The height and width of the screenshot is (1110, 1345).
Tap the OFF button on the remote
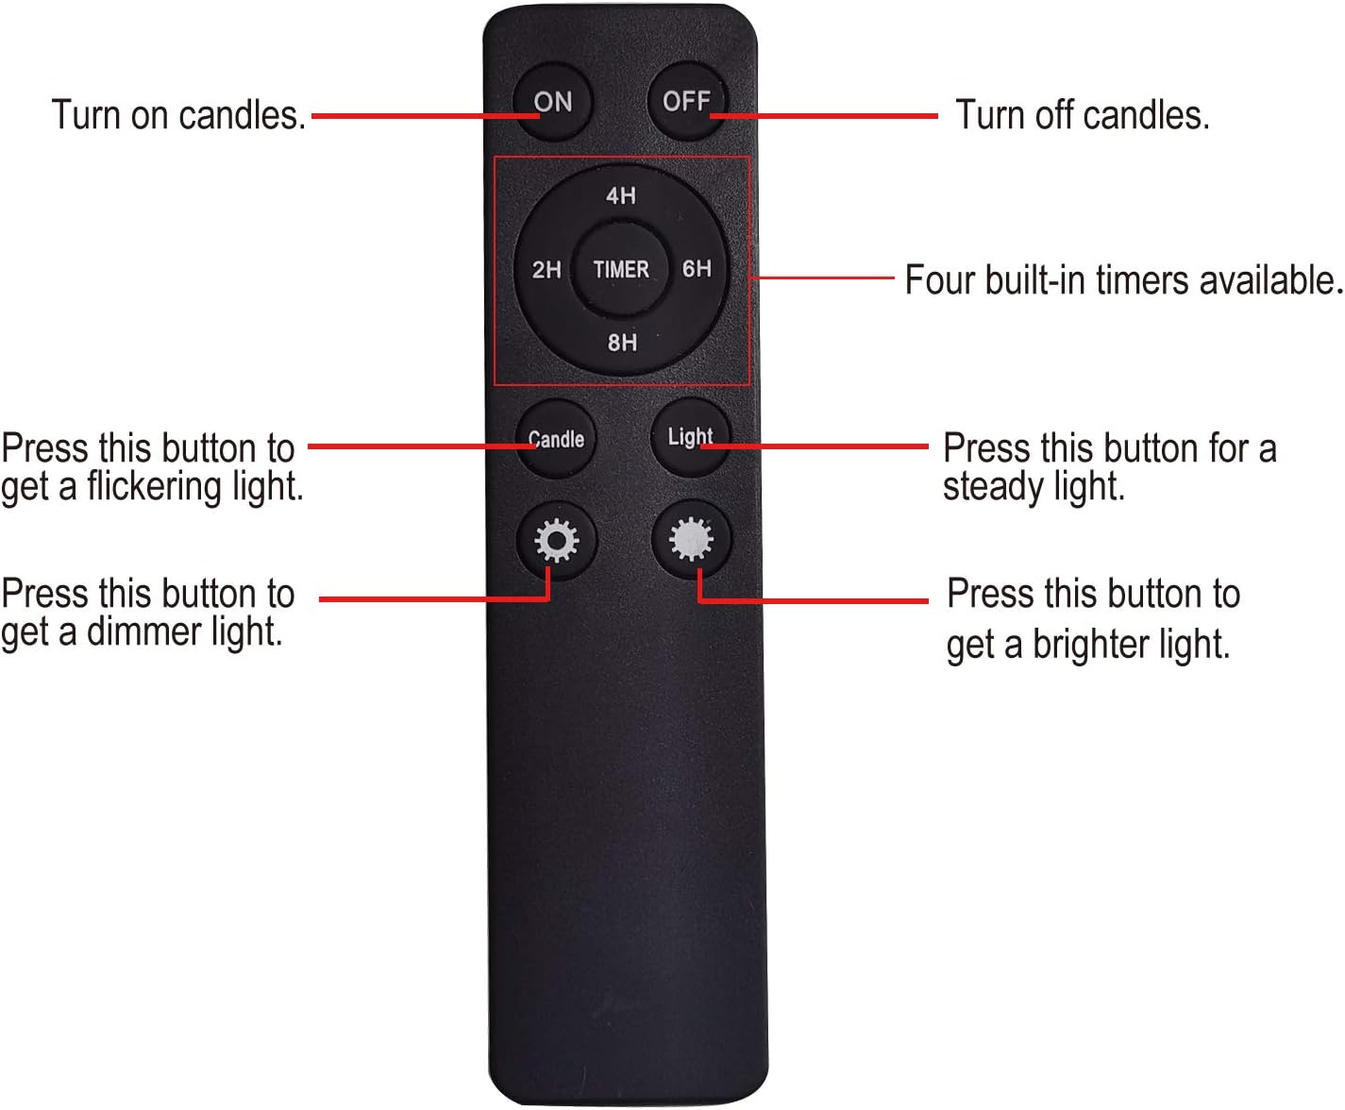point(687,101)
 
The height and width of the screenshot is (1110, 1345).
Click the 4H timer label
point(621,195)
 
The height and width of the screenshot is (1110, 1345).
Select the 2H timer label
point(546,269)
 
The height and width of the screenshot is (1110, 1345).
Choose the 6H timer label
point(697,269)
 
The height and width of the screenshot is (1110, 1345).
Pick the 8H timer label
point(622,342)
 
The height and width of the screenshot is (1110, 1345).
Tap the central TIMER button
point(621,269)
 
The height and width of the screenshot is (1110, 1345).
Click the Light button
point(691,437)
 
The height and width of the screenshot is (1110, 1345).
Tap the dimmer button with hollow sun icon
point(557,541)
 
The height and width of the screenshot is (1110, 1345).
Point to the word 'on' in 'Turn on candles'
point(149,116)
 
